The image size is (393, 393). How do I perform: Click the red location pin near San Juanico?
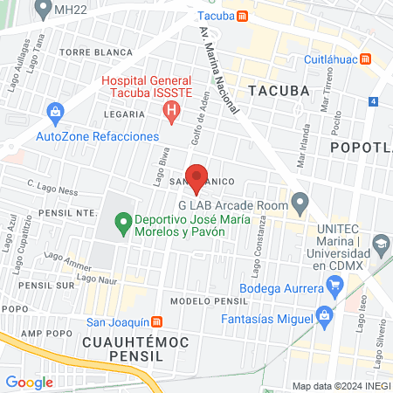click(x=197, y=177)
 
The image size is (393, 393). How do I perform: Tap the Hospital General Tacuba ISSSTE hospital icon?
click(x=172, y=111)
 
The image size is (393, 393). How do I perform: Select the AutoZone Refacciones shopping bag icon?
click(x=55, y=112)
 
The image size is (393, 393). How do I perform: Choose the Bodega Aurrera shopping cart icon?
click(x=334, y=285)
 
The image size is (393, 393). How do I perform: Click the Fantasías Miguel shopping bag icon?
click(x=324, y=314)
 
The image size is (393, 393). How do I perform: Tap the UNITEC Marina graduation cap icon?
click(x=381, y=243)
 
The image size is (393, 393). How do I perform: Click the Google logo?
click(x=29, y=382)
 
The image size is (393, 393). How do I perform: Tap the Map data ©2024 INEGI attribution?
click(x=341, y=386)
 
